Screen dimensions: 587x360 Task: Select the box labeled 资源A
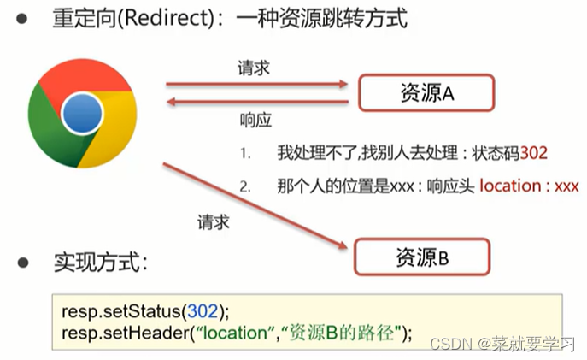[426, 93]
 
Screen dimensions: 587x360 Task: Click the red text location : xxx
[529, 186]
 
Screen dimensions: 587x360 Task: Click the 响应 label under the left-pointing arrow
[255, 120]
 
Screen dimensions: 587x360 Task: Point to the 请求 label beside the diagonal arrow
[211, 222]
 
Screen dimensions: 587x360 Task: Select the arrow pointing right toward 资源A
[257, 84]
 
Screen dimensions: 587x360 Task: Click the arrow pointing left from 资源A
[257, 102]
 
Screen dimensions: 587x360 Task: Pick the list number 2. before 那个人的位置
[246, 186]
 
